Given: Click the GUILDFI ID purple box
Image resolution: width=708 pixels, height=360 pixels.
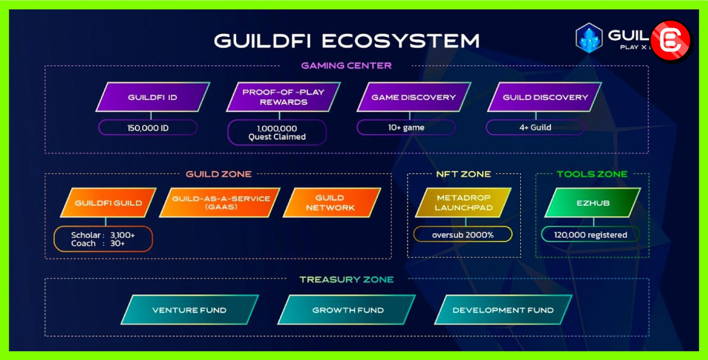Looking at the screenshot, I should (153, 97).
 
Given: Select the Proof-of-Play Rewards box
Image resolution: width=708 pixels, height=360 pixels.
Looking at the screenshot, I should (283, 97).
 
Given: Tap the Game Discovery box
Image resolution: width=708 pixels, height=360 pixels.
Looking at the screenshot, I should (414, 97).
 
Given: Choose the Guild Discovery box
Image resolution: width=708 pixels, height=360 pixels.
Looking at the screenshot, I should (545, 97).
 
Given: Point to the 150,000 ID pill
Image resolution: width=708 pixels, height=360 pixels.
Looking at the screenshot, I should (148, 128).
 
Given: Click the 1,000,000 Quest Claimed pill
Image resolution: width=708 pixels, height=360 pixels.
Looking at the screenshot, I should (277, 133).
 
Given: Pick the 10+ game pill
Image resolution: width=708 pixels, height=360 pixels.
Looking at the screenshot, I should (406, 128).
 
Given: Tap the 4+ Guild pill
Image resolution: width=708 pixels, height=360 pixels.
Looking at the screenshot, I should (535, 128).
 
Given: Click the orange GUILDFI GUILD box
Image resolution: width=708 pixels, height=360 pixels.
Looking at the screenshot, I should (108, 203).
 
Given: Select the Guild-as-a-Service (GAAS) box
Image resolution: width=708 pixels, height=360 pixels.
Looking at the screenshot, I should (220, 203).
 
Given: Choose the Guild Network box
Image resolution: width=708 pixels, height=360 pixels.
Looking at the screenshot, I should (331, 203).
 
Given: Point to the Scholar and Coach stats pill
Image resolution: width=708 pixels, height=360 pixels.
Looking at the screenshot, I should (103, 239).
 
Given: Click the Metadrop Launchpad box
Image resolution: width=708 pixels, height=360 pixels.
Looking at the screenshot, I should (464, 203).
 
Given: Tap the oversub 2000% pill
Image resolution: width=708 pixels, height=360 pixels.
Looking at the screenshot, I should (463, 234).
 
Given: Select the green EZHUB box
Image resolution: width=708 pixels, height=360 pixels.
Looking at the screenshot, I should (592, 203).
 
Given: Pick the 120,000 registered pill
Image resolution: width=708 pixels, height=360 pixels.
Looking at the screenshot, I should (591, 235).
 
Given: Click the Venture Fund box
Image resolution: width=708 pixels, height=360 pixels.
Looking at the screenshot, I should (190, 310).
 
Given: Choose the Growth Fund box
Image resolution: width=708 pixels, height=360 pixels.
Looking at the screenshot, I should (347, 310).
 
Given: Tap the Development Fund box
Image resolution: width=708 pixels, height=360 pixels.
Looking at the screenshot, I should (503, 310).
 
